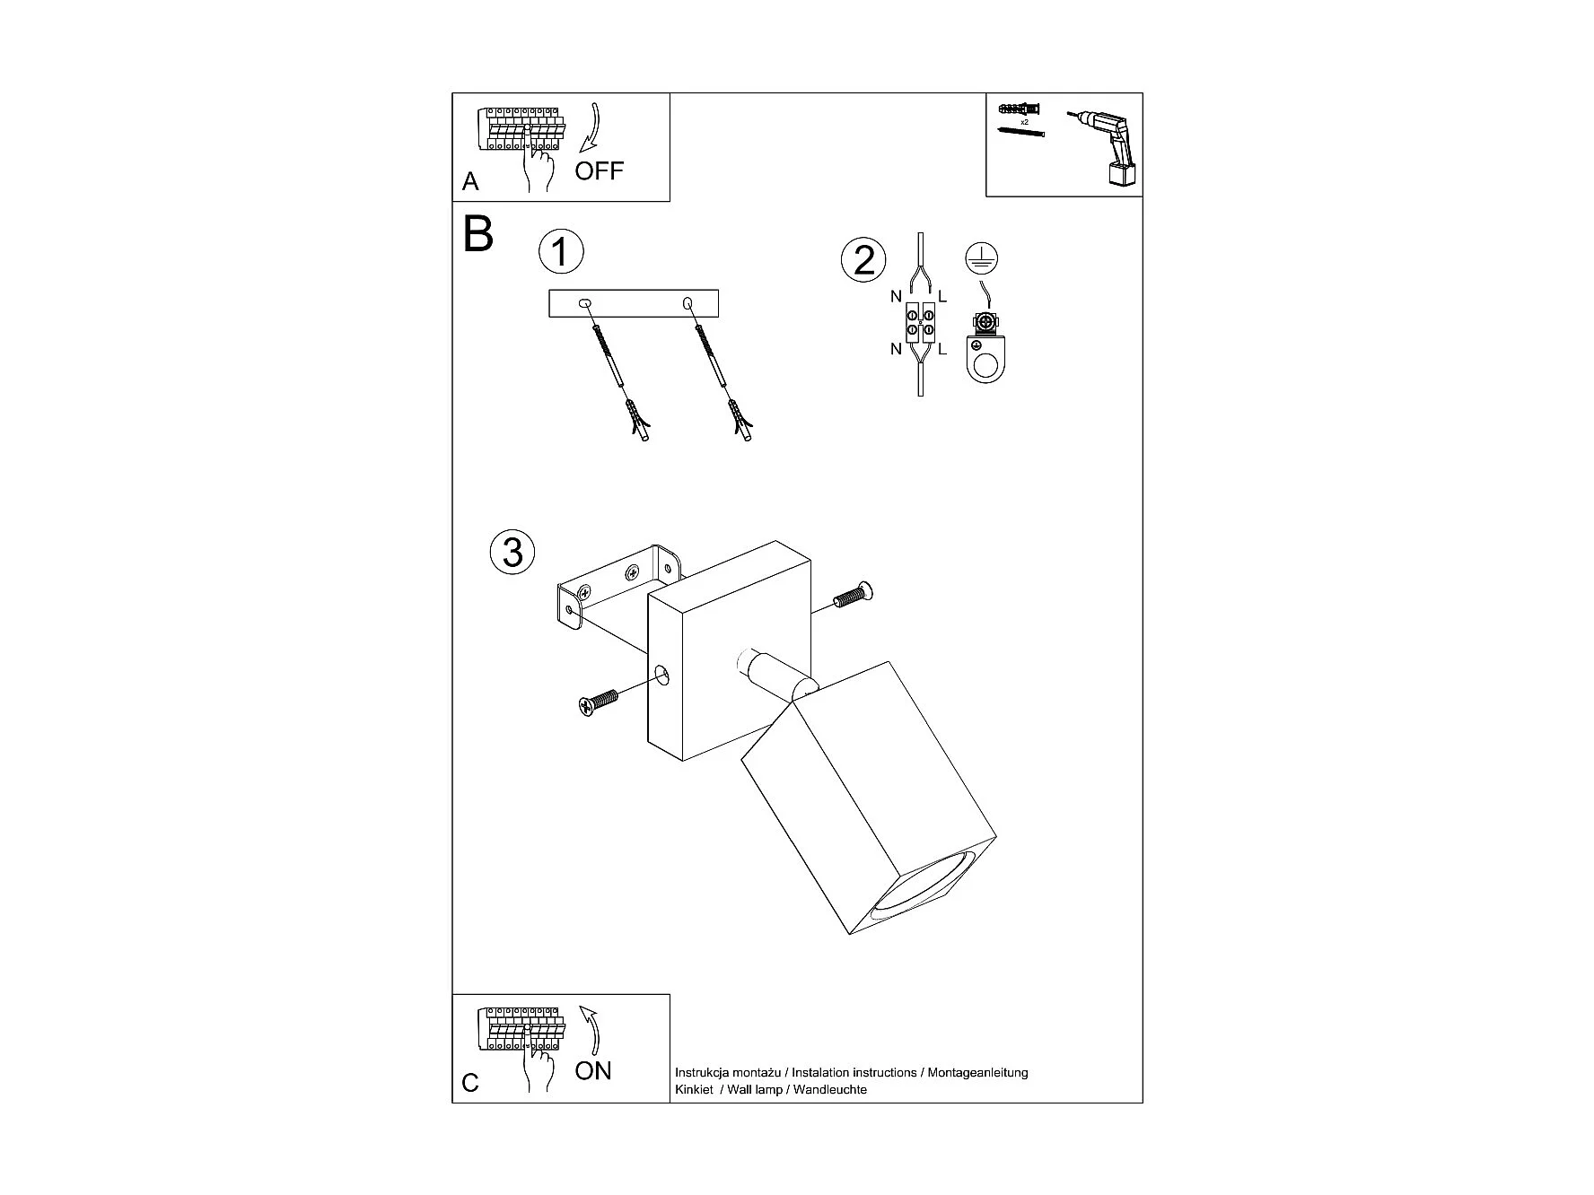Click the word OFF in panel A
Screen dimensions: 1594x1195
click(x=599, y=170)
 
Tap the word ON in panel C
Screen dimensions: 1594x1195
click(x=593, y=1070)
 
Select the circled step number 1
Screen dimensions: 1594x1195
click(x=561, y=252)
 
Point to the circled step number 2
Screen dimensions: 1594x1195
click(x=863, y=260)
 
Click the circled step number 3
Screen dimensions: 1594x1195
click(x=512, y=551)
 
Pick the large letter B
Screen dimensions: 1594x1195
click(x=478, y=234)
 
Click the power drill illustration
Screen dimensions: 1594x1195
click(x=1108, y=146)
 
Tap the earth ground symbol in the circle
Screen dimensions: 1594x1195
click(x=980, y=258)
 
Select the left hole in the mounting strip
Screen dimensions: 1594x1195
click(x=585, y=304)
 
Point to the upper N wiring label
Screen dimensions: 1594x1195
click(x=896, y=297)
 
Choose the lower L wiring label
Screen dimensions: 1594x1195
click(x=942, y=350)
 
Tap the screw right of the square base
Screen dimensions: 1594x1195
click(x=854, y=595)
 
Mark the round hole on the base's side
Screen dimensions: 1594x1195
click(x=663, y=674)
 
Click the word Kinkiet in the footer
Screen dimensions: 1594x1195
click(x=694, y=1089)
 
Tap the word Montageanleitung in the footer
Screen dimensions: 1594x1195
click(x=977, y=1072)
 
